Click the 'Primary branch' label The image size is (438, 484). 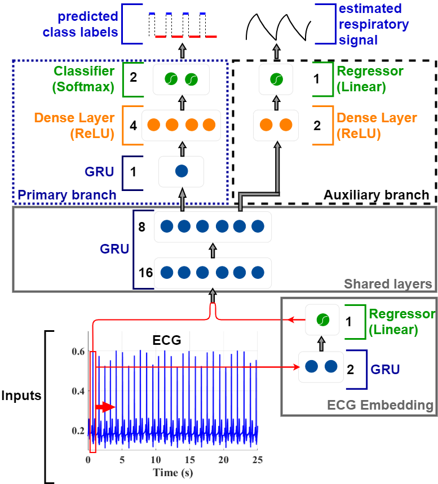pyautogui.click(x=67, y=196)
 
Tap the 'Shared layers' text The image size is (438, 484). pyautogui.click(x=388, y=283)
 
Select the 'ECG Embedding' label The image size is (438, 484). pyautogui.click(x=380, y=405)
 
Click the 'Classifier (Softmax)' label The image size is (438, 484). pyautogui.click(x=84, y=79)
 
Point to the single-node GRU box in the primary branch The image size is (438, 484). pyautogui.click(x=181, y=171)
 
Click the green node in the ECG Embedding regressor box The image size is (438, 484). pyautogui.click(x=322, y=320)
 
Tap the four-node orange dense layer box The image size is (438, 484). pyautogui.click(x=181, y=125)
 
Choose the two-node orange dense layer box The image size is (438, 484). pyautogui.click(x=276, y=125)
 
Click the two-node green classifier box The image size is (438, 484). pyautogui.click(x=181, y=79)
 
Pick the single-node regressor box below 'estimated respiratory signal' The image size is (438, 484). pyautogui.click(x=276, y=79)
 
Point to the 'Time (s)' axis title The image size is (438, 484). pyautogui.click(x=172, y=472)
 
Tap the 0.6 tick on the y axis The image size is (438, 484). pyautogui.click(x=77, y=352)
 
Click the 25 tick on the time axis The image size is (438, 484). pyautogui.click(x=257, y=460)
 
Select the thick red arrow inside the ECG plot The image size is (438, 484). pyautogui.click(x=105, y=407)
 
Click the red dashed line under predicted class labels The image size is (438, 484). pyautogui.click(x=185, y=37)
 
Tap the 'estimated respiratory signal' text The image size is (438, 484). pyautogui.click(x=373, y=24)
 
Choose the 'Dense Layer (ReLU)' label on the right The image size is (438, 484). pyautogui.click(x=377, y=126)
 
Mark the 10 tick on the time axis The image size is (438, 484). pyautogui.click(x=156, y=460)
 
